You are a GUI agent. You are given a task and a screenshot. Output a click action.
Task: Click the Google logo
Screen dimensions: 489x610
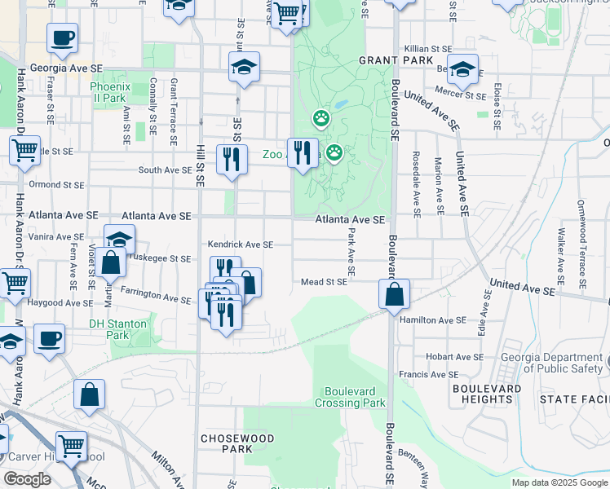[x=27, y=479]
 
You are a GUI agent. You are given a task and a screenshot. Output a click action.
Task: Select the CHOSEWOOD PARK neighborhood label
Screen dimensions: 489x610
[x=226, y=443]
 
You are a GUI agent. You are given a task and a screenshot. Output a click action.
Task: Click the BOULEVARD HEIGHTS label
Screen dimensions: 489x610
[x=487, y=394]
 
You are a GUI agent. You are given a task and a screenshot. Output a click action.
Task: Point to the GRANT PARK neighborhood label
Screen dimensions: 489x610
[x=387, y=60]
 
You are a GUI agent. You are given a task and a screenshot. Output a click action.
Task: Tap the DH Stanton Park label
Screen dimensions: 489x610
[x=118, y=328]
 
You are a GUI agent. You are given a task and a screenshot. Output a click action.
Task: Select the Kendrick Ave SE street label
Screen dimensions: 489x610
[x=240, y=244]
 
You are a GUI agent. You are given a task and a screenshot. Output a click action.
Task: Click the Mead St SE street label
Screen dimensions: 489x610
[x=324, y=282]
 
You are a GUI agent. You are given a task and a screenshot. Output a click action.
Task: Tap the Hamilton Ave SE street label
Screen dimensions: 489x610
[x=432, y=320]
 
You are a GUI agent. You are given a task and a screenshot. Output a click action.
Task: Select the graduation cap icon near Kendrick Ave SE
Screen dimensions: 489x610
[x=119, y=240]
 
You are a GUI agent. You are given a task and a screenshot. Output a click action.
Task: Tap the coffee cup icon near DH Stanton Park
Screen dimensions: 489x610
[x=49, y=338]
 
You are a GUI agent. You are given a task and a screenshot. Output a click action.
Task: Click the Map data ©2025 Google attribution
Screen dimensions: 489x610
[x=559, y=482]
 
